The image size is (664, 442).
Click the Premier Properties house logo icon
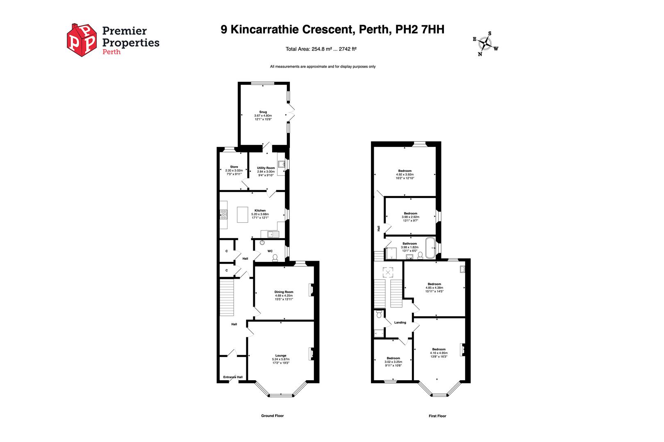pyautogui.click(x=82, y=40)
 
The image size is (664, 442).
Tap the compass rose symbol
pyautogui.click(x=485, y=43)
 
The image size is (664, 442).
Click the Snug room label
pyautogui.click(x=263, y=112)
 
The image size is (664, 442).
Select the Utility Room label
pyautogui.click(x=266, y=168)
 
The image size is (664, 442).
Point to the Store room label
pyautogui.click(x=234, y=167)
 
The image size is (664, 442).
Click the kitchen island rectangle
pyautogui.click(x=243, y=214)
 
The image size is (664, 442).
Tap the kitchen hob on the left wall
pyautogui.click(x=223, y=214)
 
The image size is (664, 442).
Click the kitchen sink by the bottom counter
pyautogui.click(x=270, y=234)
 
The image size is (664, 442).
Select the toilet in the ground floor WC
pyautogui.click(x=275, y=257)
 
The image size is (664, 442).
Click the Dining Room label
pyautogui.click(x=284, y=292)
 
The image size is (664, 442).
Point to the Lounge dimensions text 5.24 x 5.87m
pyautogui.click(x=281, y=359)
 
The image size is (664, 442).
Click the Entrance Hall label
pyautogui.click(x=233, y=377)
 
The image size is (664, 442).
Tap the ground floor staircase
pyautogui.click(x=226, y=297)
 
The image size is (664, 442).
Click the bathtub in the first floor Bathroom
pyautogui.click(x=430, y=248)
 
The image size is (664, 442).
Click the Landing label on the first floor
pyautogui.click(x=400, y=322)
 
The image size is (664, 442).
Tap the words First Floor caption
pyautogui.click(x=437, y=416)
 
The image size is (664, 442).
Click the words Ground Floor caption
pyautogui.click(x=272, y=416)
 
